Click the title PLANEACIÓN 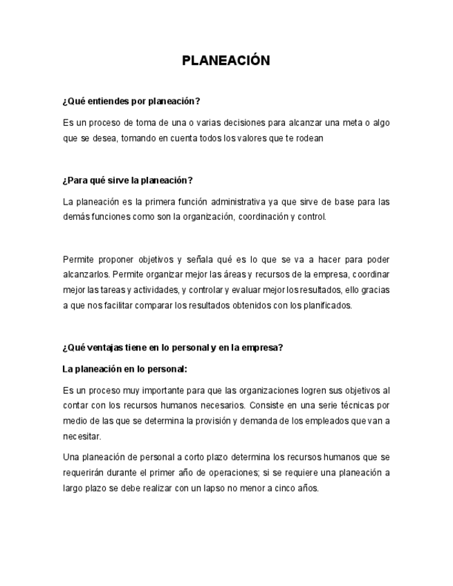click(x=226, y=61)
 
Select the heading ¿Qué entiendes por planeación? click(x=131, y=101)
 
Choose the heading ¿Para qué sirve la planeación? click(x=127, y=180)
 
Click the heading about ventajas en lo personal click(x=173, y=348)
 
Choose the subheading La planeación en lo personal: click(x=125, y=369)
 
